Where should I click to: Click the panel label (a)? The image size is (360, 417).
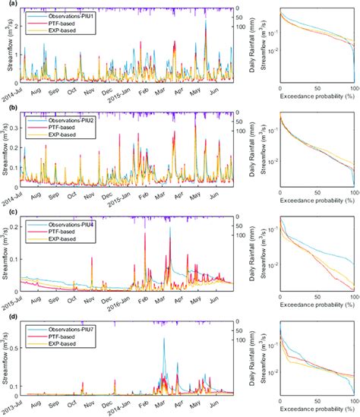pyautogui.click(x=6, y=5)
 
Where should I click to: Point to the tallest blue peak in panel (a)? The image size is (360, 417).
pyautogui.click(x=206, y=23)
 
